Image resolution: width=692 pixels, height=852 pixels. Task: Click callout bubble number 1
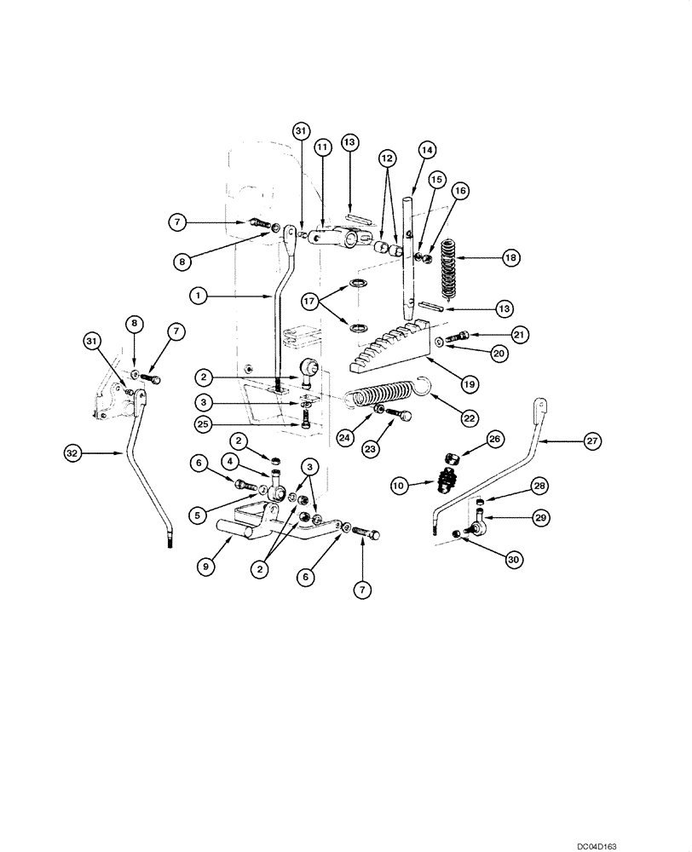(199, 295)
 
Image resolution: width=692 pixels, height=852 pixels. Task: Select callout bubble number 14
(426, 149)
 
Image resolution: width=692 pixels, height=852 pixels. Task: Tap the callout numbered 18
(511, 256)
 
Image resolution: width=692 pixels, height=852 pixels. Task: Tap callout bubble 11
(323, 148)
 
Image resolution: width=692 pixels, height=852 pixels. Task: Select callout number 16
(460, 192)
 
